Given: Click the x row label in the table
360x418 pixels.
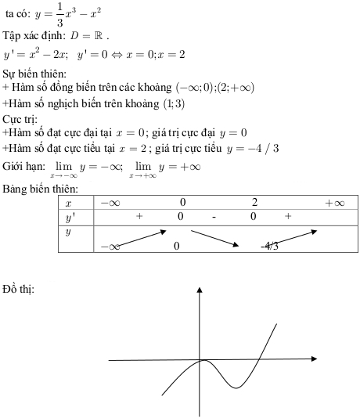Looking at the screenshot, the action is pyautogui.click(x=68, y=204).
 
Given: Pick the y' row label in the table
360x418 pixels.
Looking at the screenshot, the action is pyautogui.click(x=69, y=216).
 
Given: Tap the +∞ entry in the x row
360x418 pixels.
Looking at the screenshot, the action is pyautogui.click(x=334, y=204).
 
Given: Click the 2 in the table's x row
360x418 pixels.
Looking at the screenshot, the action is pyautogui.click(x=254, y=204).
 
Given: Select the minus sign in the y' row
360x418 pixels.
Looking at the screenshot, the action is pyautogui.click(x=213, y=216).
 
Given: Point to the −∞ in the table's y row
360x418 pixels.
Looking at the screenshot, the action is pyautogui.click(x=110, y=246).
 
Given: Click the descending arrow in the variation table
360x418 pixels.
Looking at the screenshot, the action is pyautogui.click(x=214, y=238).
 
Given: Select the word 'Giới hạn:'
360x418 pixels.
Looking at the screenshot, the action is pyautogui.click(x=24, y=167).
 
